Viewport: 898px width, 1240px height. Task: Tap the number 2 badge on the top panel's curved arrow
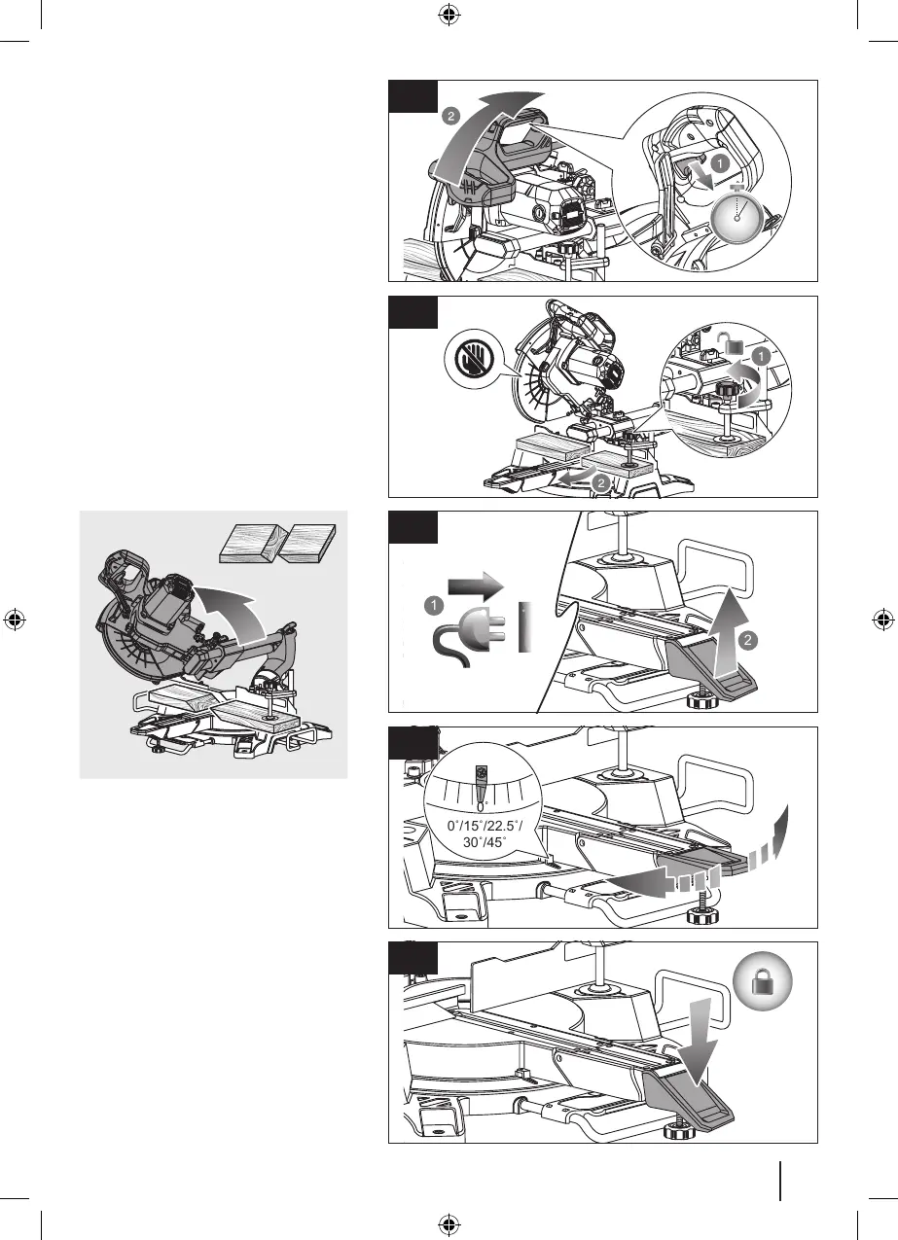click(x=449, y=116)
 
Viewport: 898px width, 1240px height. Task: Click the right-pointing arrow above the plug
click(x=477, y=586)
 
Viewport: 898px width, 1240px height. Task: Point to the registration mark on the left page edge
click(x=15, y=620)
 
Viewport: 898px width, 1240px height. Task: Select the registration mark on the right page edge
click(x=882, y=620)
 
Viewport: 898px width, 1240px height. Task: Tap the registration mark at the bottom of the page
click(x=449, y=1224)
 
